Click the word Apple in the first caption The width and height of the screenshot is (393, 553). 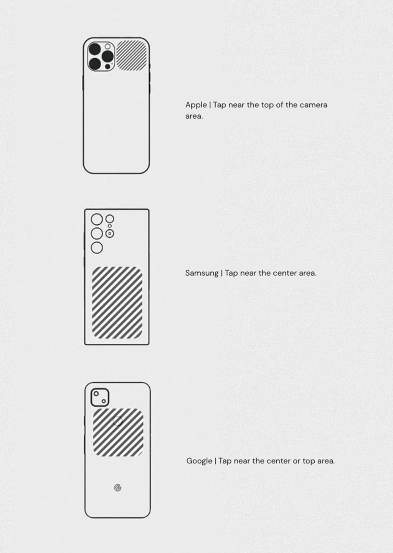[196, 105]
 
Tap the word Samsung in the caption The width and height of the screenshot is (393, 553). [202, 273]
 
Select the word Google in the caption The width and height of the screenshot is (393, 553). [199, 461]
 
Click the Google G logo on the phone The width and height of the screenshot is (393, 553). [118, 488]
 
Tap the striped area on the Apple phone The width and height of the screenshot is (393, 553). [132, 56]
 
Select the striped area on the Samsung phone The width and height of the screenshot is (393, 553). [117, 303]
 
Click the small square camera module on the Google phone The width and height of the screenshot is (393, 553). [100, 397]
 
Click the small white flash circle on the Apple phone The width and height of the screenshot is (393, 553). [107, 46]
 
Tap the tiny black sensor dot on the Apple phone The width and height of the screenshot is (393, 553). [108, 66]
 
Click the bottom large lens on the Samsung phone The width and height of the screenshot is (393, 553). [97, 248]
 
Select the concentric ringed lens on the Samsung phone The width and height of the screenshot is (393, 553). [110, 233]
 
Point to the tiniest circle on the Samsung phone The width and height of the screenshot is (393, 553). [110, 226]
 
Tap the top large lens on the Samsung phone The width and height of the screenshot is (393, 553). [97, 219]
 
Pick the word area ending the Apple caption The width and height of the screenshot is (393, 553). [194, 116]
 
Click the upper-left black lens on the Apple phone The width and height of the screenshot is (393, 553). [95, 49]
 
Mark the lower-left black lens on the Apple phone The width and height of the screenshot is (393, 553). [95, 64]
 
